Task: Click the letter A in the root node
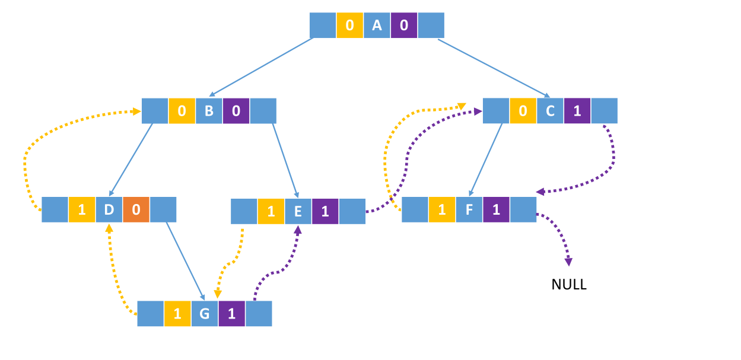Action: click(377, 26)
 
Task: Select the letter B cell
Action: click(209, 111)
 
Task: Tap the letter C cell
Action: click(550, 111)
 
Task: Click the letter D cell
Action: click(109, 209)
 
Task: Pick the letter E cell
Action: click(298, 211)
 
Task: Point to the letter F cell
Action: click(469, 209)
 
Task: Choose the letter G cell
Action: click(204, 314)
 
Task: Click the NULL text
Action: click(569, 285)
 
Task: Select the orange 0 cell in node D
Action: click(136, 209)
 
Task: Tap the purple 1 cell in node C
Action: click(577, 111)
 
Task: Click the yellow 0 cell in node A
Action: click(349, 26)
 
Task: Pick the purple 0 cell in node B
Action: click(236, 111)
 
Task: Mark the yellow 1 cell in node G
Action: click(177, 314)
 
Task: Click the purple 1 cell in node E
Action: click(325, 211)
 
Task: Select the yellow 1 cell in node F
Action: click(441, 209)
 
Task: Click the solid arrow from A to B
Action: click(261, 67)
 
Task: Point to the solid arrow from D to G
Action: click(185, 260)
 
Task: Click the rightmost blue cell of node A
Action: click(431, 26)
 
